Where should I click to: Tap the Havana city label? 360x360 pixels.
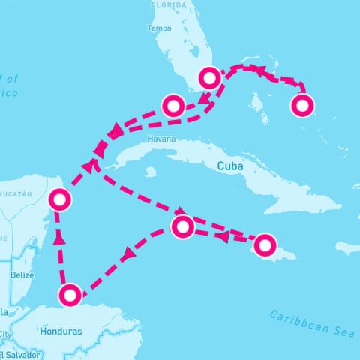(162, 139)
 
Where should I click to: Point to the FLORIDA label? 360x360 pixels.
(167, 4)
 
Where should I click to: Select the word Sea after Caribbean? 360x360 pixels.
(341, 331)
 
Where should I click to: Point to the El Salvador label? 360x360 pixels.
(15, 354)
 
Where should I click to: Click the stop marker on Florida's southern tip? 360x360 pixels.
(209, 77)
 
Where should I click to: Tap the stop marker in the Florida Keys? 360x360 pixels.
(173, 106)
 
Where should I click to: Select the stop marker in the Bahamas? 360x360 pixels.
(301, 106)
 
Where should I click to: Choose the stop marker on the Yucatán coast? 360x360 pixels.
(59, 199)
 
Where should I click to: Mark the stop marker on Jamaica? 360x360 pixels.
(265, 244)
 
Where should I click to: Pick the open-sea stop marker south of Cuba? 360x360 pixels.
(183, 226)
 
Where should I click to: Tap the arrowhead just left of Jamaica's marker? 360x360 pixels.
(223, 237)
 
